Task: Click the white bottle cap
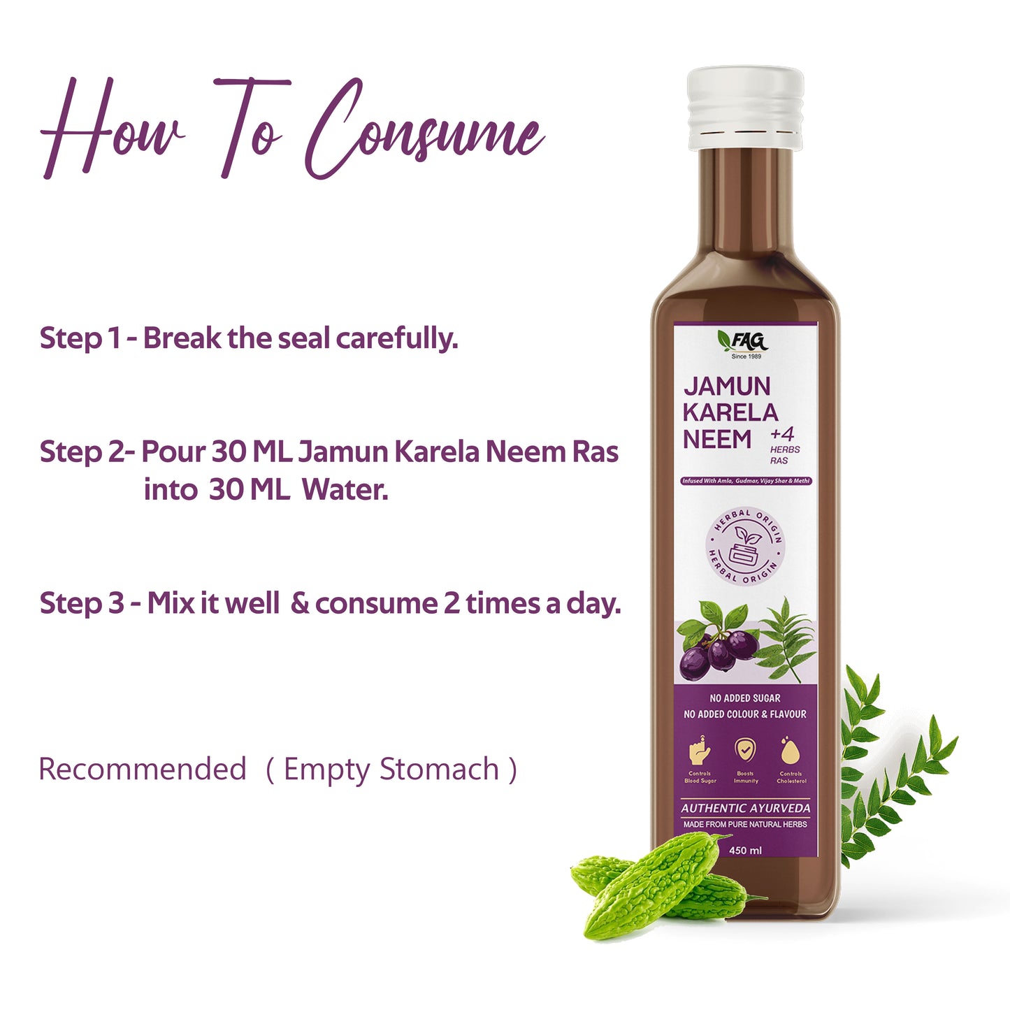pos(744,108)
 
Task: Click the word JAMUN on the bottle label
pos(727,386)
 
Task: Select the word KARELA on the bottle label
pos(730,412)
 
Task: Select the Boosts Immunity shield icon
pos(745,750)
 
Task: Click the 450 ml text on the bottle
pos(745,851)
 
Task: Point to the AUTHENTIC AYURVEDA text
pos(745,808)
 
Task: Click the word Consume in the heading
pos(423,129)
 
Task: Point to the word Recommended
pos(143,769)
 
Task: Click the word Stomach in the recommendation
pos(440,769)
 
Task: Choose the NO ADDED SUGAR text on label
pos(744,698)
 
